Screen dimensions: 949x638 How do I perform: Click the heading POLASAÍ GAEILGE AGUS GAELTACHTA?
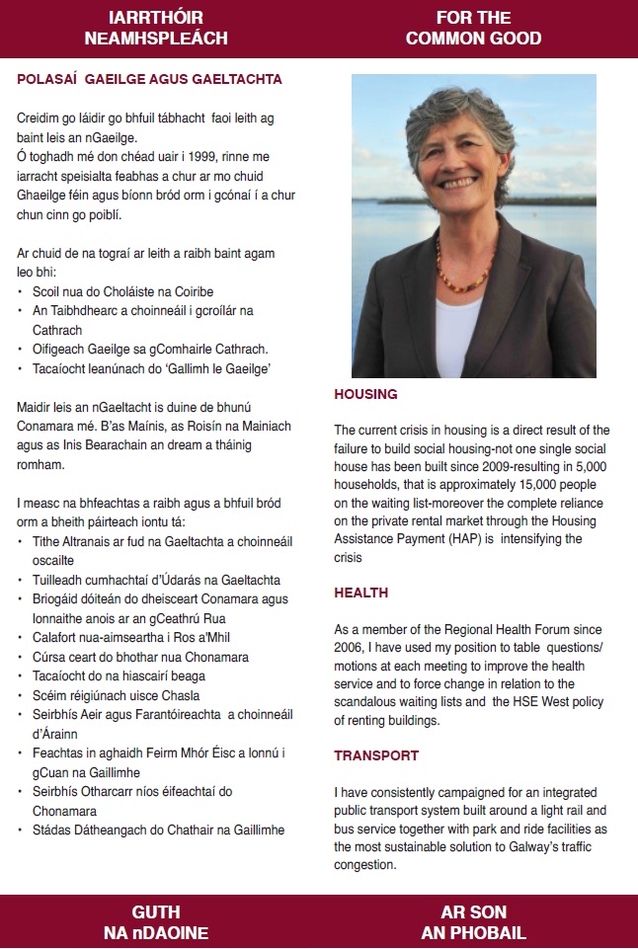pos(149,79)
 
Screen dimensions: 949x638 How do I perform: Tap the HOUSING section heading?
pos(365,394)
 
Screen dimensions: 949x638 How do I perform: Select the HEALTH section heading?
pos(360,593)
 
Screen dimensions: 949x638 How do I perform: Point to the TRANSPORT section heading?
pos(376,755)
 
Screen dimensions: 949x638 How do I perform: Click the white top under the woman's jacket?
pos(456,341)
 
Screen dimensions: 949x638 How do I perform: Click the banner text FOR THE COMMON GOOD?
pos(473,29)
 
